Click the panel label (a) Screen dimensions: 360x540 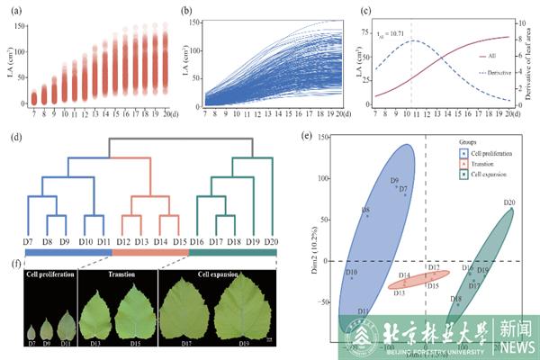(11, 10)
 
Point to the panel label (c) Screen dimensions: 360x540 (368, 10)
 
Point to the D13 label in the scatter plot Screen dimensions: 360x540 (400, 293)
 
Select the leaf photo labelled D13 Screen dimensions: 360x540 (103, 310)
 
